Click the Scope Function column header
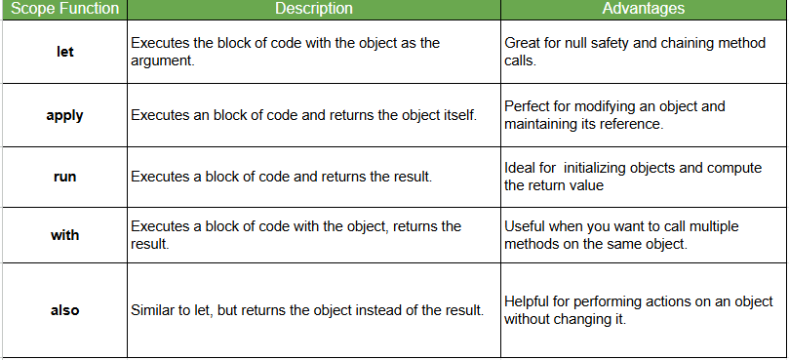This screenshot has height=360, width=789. [63, 9]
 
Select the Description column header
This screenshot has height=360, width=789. [313, 9]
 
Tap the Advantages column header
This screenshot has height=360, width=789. [643, 9]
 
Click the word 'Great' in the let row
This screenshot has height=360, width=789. [524, 44]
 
